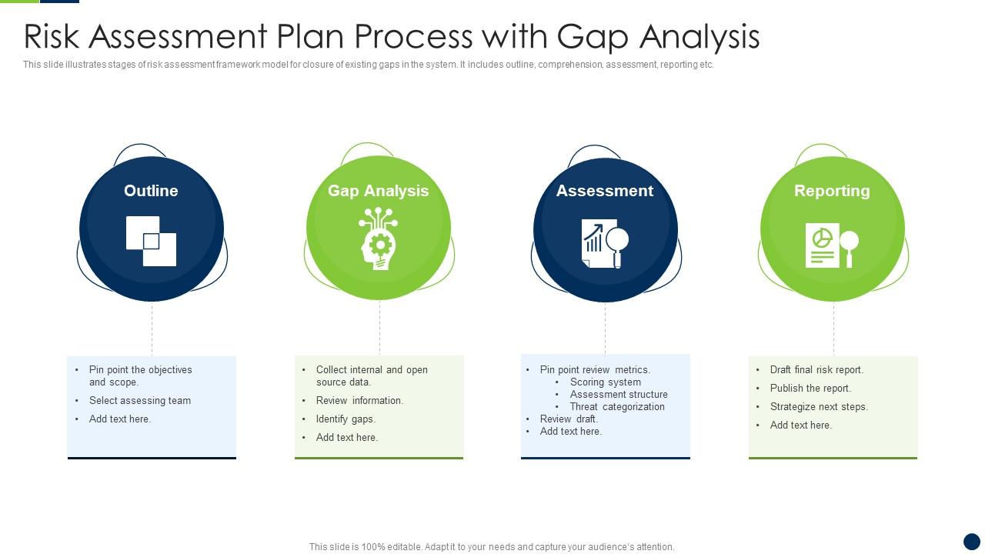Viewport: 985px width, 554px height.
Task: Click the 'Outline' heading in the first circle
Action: [151, 191]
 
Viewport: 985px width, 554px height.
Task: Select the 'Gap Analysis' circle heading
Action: [378, 191]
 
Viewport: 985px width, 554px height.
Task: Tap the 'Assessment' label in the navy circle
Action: [605, 191]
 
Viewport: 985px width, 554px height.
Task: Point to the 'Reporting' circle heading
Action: [832, 191]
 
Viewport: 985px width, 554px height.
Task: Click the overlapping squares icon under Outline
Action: [152, 242]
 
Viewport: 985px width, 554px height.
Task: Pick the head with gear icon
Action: [379, 239]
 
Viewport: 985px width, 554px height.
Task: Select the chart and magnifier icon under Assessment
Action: [605, 244]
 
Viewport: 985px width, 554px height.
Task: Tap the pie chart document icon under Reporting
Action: [831, 245]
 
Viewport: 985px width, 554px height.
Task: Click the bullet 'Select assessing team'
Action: [140, 401]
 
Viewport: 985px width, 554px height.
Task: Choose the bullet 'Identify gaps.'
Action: [346, 419]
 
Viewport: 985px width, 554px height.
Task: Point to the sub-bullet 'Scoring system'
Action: [606, 382]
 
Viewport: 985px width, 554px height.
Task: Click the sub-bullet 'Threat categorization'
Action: [617, 407]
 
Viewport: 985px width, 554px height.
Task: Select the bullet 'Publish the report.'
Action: [810, 389]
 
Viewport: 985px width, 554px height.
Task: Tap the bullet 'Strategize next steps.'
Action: [819, 407]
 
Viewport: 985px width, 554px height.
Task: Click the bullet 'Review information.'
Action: [359, 401]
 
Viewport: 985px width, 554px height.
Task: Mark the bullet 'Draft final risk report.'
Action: [816, 370]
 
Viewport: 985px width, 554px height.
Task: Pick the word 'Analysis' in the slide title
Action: [700, 37]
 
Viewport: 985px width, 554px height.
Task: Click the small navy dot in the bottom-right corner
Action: [972, 541]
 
